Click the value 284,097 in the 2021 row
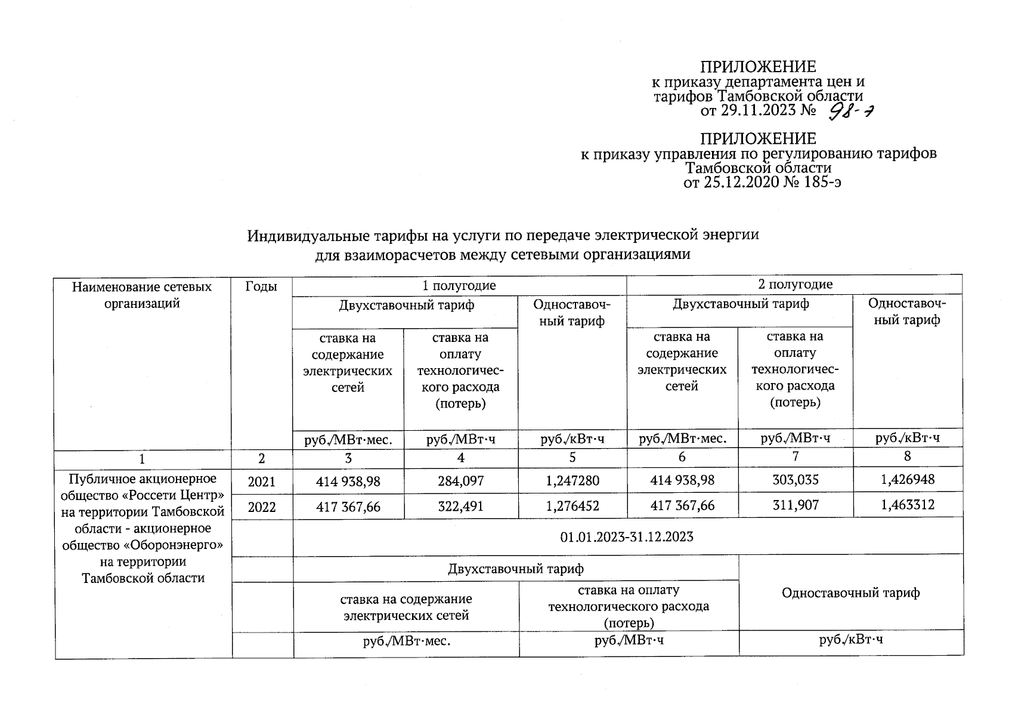[460, 481]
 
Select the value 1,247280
[572, 481]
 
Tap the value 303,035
[795, 480]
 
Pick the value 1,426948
[908, 479]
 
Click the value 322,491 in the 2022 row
[460, 507]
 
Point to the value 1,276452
[572, 507]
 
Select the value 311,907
[795, 505]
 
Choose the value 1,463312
[908, 505]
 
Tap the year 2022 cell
[262, 507]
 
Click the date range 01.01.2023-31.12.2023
[627, 536]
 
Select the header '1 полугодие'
[459, 285]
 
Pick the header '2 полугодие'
[795, 284]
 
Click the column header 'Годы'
[261, 286]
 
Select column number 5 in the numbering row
[572, 458]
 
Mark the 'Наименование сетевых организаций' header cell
[142, 295]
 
